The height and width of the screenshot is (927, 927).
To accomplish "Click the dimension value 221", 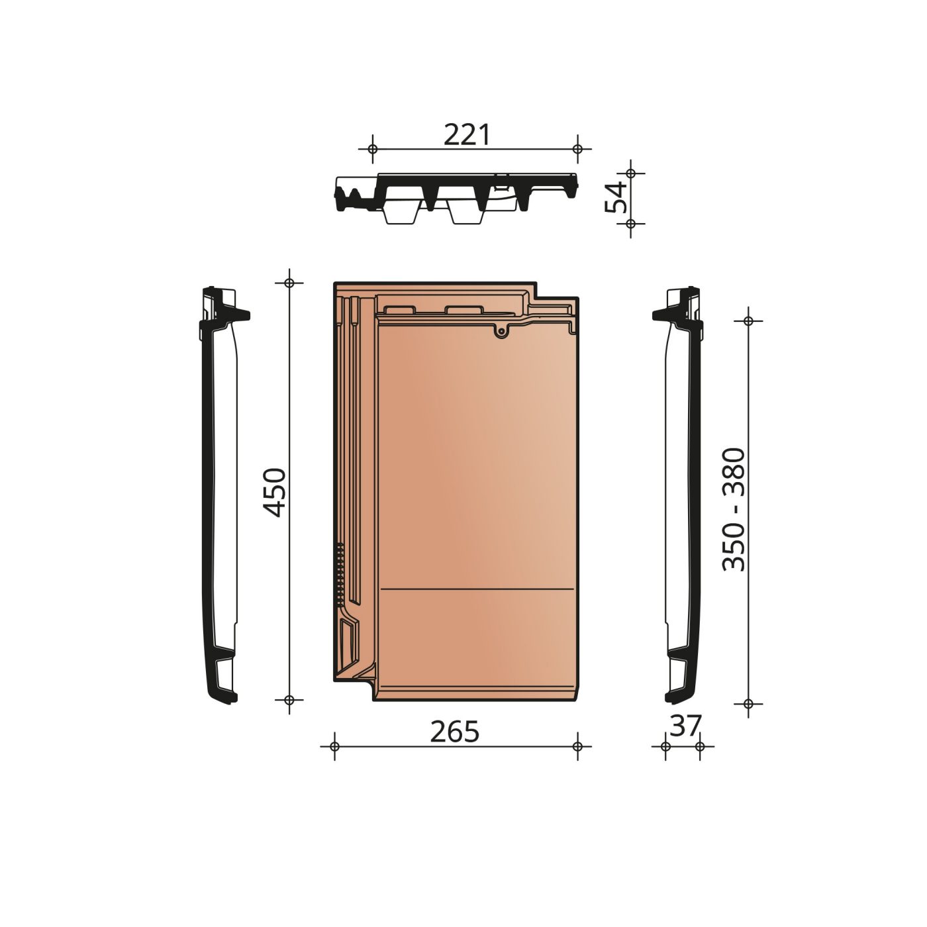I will click(x=467, y=135).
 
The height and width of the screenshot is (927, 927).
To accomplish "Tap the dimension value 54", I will click(x=616, y=197).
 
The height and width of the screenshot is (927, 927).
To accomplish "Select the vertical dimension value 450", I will click(x=274, y=492).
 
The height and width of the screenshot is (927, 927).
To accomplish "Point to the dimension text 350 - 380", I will click(x=734, y=510).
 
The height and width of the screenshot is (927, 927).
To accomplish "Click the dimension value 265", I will click(x=454, y=732).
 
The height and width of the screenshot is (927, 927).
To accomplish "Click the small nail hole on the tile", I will click(x=503, y=331).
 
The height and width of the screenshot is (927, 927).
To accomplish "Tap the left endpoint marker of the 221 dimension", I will click(x=372, y=149).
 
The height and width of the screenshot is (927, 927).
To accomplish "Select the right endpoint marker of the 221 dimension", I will click(x=577, y=149).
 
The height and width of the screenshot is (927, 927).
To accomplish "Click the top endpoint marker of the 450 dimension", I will click(x=289, y=283).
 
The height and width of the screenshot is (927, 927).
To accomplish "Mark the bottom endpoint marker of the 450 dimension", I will click(x=289, y=699).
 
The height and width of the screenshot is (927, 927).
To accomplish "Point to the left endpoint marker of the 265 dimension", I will click(x=334, y=746).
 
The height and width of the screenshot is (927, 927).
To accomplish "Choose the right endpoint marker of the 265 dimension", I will click(x=577, y=746).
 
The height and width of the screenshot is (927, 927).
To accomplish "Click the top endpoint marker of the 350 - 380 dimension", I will click(x=748, y=320).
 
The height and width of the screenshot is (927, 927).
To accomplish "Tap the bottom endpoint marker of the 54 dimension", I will click(x=630, y=224).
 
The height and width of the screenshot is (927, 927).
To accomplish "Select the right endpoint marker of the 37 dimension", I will click(x=700, y=746).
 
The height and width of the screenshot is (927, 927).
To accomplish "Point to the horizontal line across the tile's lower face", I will click(x=477, y=588).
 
